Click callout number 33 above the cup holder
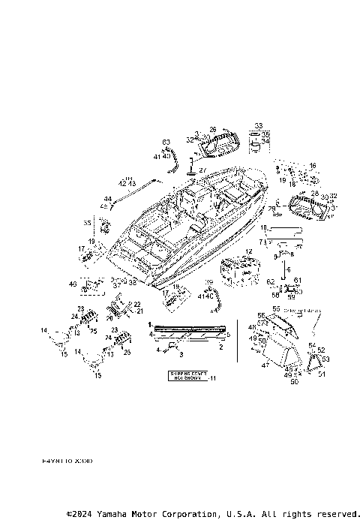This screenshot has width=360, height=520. point(259,125)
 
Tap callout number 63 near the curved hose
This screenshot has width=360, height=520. point(166,143)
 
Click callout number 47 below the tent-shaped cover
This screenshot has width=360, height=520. point(264,365)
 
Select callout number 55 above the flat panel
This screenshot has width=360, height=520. point(275,309)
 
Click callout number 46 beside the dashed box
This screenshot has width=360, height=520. point(73,284)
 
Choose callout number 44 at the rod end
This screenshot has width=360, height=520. point(107,199)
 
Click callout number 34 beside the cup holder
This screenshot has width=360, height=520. point(265,140)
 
